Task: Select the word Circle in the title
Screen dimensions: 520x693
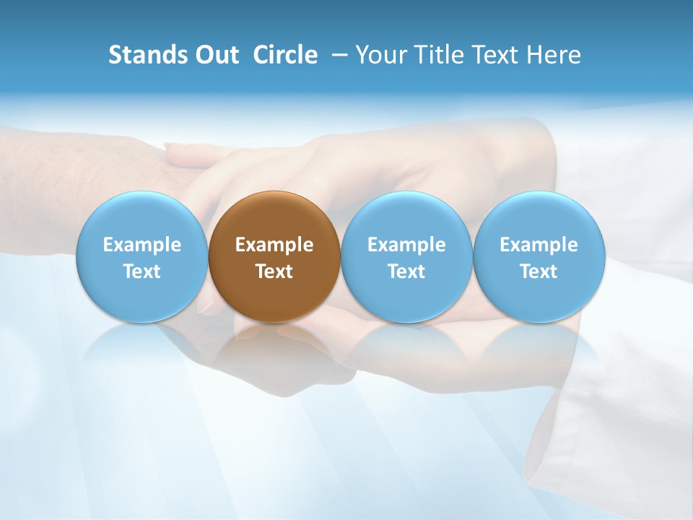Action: point(285,55)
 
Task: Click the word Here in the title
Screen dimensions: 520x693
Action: point(555,55)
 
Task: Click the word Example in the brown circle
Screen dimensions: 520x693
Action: point(274,245)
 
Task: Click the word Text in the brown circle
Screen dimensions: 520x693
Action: point(274,272)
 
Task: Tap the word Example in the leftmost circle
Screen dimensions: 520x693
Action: point(141,245)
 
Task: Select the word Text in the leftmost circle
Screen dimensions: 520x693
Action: point(141,272)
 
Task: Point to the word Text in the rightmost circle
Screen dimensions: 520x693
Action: point(539,272)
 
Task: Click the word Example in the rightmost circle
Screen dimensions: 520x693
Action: point(539,245)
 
